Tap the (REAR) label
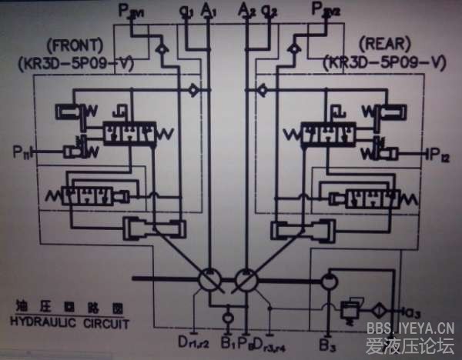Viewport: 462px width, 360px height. [x=385, y=45]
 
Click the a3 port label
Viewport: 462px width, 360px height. [x=413, y=312]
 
